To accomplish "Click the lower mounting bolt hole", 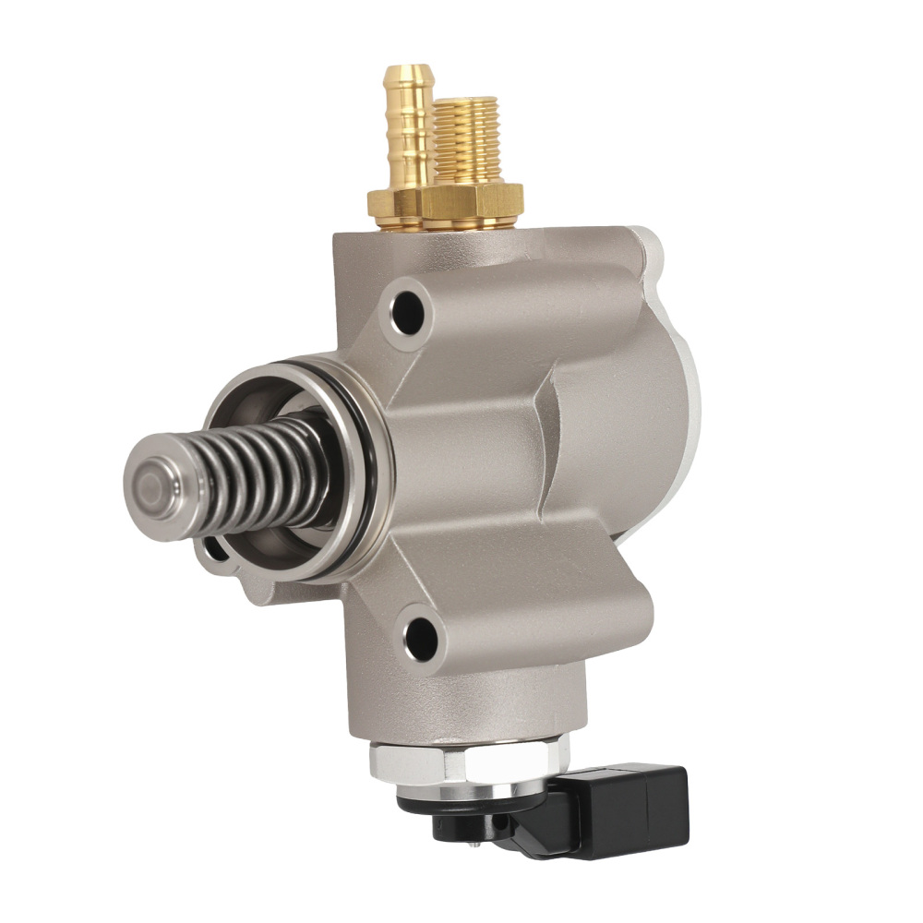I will tap(421, 634).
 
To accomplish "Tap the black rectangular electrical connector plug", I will tap(637, 803).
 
